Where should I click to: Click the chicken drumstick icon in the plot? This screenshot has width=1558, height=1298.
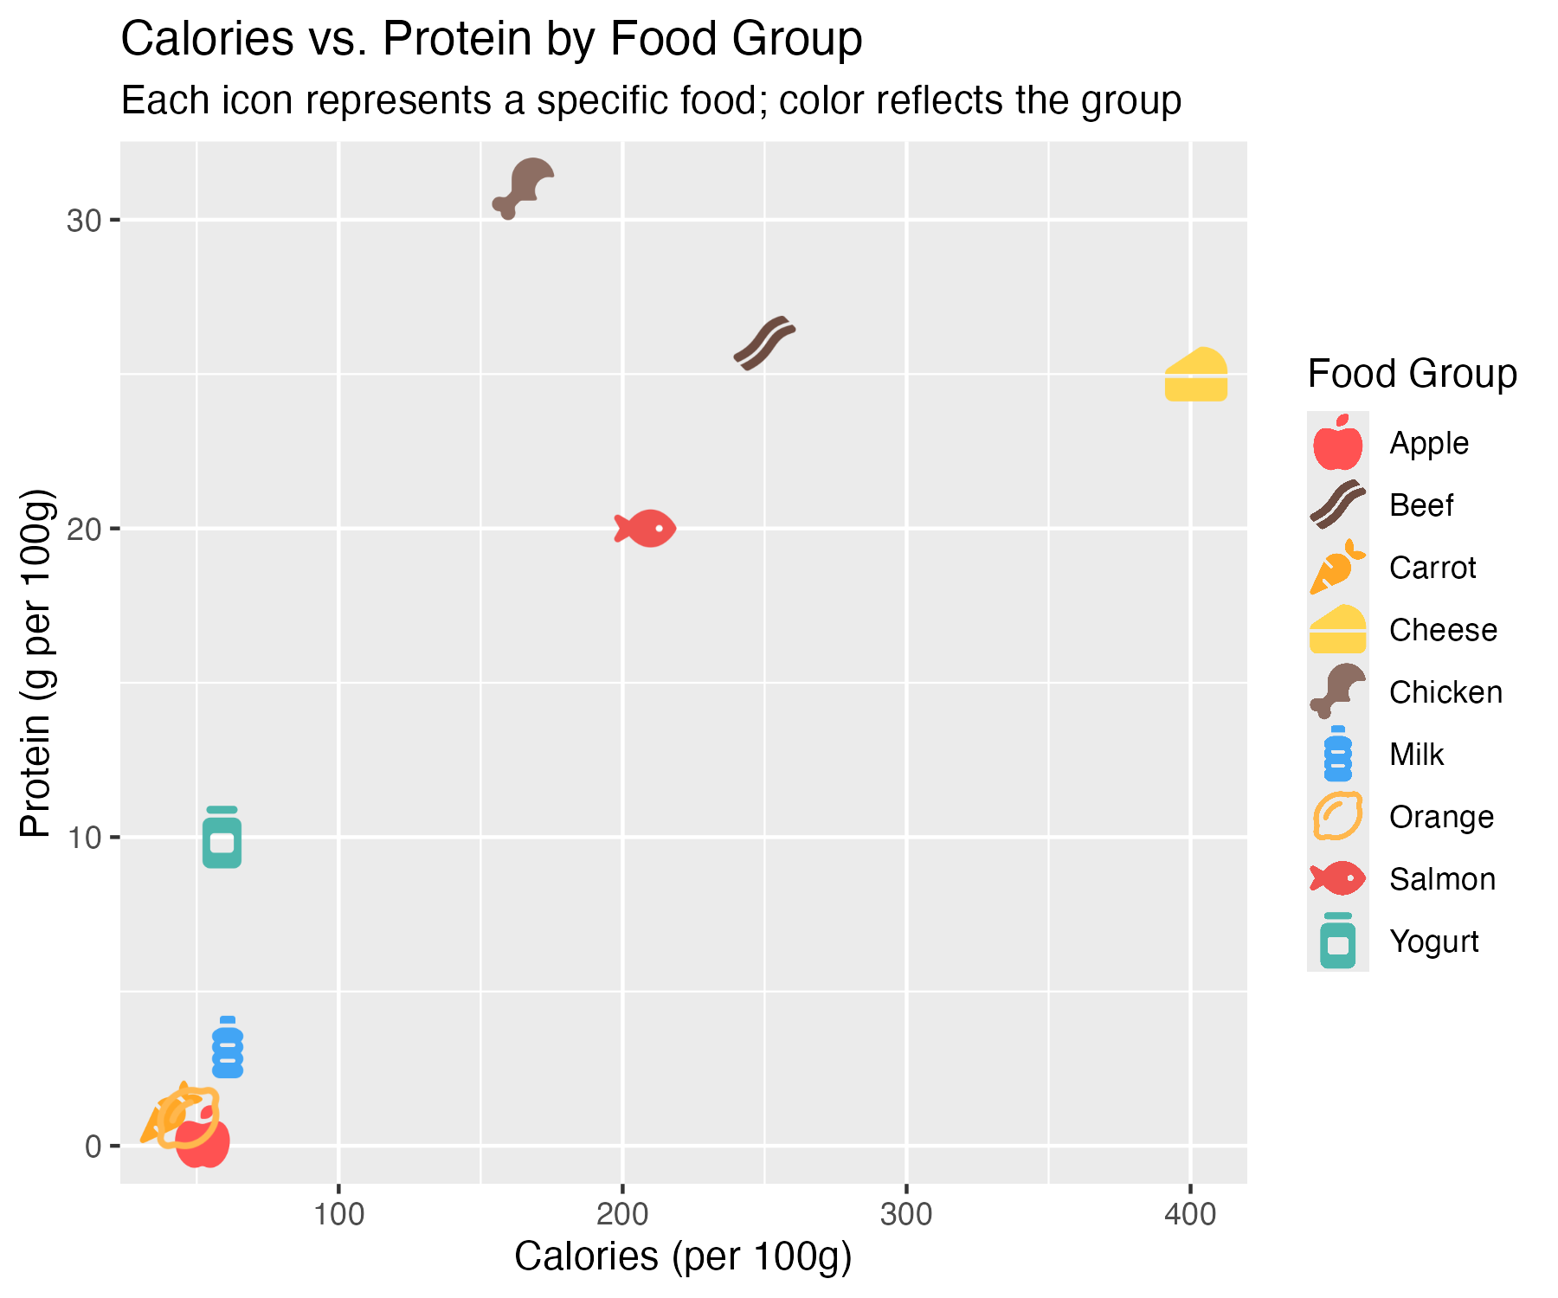pos(525,188)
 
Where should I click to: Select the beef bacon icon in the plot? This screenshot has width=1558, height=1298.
pos(764,344)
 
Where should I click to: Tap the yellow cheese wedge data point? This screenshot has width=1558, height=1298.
pos(1196,376)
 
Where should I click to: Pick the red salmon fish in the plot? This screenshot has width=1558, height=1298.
pos(646,528)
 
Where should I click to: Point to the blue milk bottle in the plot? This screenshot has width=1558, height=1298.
pos(228,1048)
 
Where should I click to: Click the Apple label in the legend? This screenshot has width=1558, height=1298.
pos(1429,443)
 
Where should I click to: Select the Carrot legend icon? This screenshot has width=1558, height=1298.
pos(1337,568)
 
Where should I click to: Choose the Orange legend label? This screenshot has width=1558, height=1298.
pos(1441,817)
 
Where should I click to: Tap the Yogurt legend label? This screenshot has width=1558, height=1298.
pos(1434,941)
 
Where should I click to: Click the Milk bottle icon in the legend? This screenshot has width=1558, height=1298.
pos(1338,754)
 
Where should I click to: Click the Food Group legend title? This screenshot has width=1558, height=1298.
pos(1412,374)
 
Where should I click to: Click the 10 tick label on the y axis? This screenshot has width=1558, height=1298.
pos(84,838)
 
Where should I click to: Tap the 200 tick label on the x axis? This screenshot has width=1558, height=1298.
pos(622,1215)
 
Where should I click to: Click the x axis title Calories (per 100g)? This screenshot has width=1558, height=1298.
pos(683,1256)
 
